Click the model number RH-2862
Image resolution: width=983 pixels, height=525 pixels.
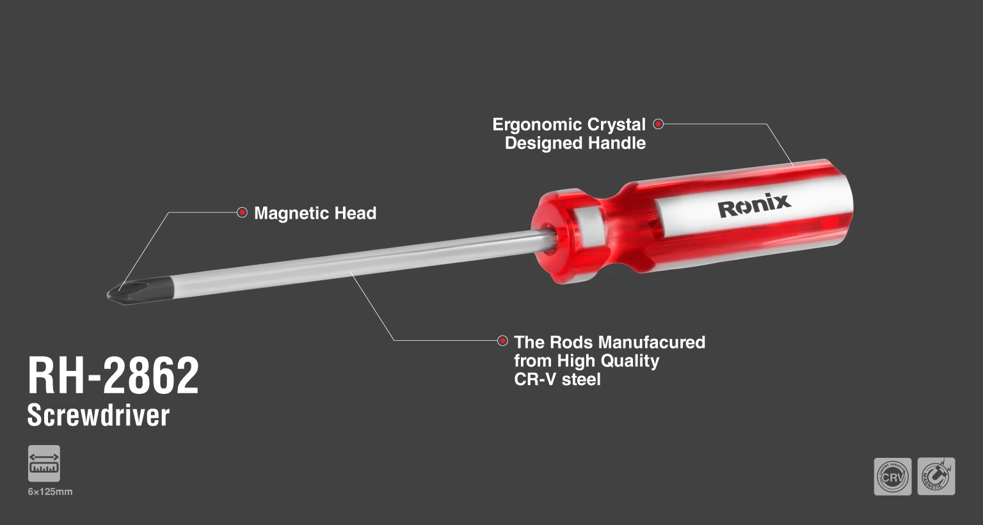(113, 376)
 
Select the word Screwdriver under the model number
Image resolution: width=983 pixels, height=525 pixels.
(99, 415)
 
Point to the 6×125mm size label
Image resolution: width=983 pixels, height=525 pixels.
(50, 492)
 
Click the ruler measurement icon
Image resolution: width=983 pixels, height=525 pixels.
(44, 463)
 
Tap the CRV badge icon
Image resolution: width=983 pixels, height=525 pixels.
(893, 476)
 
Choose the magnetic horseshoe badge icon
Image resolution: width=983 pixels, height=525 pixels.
(936, 476)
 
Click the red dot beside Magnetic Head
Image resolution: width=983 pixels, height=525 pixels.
(242, 212)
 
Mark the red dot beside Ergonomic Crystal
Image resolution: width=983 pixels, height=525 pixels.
(658, 124)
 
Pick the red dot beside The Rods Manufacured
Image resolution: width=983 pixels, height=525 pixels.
(502, 341)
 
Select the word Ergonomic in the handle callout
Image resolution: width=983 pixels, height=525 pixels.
(537, 125)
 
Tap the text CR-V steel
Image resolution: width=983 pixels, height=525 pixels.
(557, 379)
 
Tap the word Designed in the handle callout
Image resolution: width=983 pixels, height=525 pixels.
(543, 143)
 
